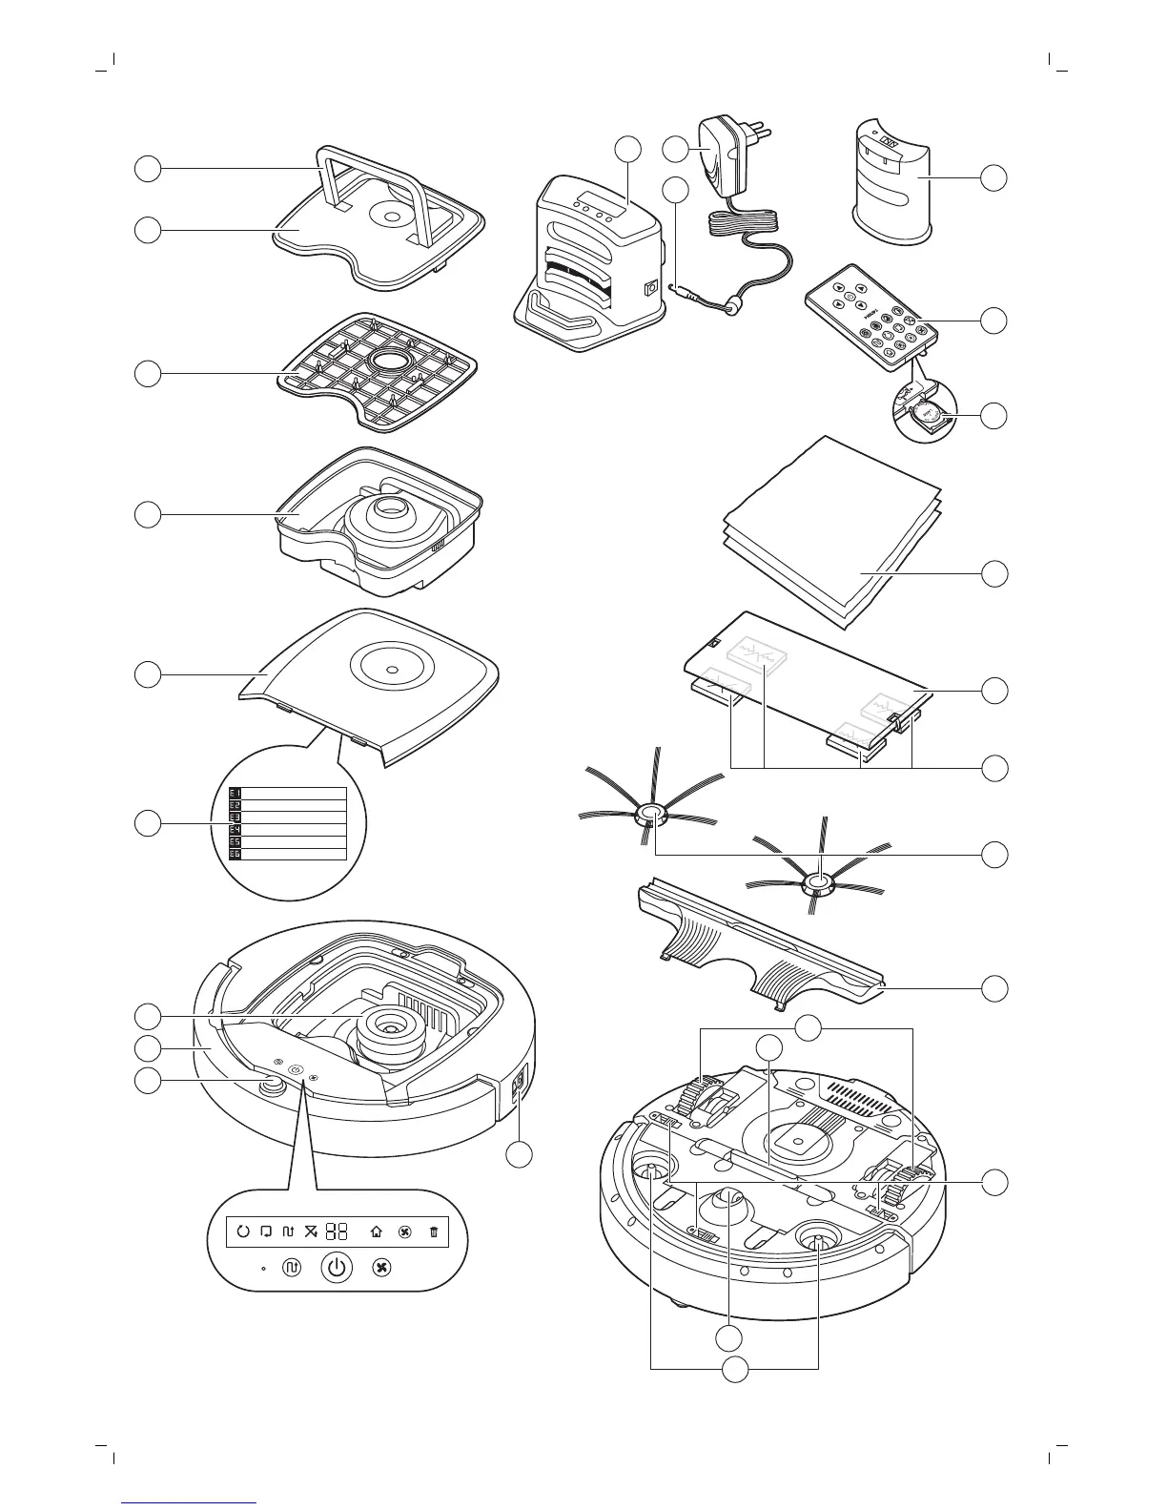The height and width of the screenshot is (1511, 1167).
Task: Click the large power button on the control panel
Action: tap(336, 1268)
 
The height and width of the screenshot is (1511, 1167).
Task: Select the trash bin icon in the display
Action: tap(434, 1231)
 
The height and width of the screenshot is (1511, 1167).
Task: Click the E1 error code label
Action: tap(235, 793)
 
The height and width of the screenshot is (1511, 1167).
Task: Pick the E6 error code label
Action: tap(235, 854)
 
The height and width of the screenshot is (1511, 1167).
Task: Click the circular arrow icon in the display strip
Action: tap(242, 1231)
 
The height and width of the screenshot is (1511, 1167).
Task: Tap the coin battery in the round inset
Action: tap(924, 414)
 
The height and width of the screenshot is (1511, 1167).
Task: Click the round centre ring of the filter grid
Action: tap(386, 361)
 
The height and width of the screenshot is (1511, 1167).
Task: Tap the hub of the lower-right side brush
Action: tap(816, 884)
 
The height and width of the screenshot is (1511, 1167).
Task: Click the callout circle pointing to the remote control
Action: tap(994, 321)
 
